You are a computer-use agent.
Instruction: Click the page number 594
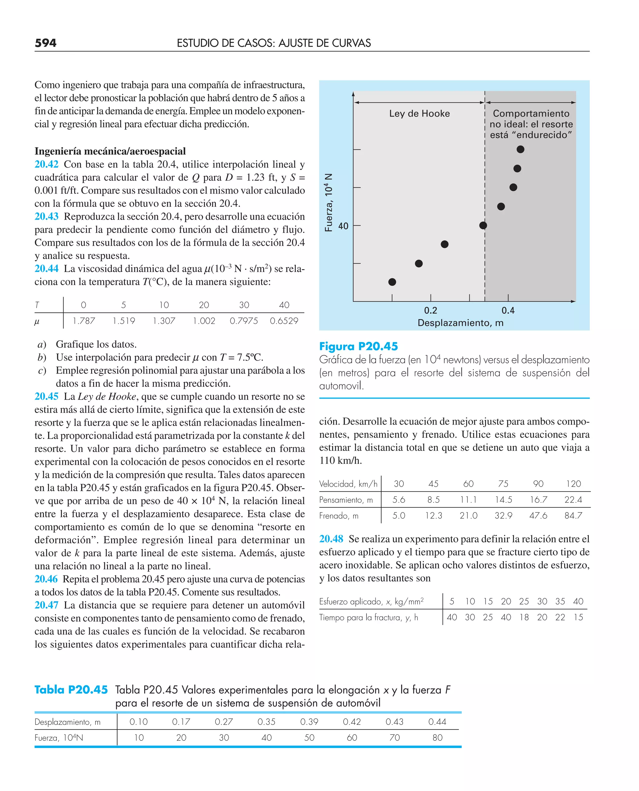click(x=45, y=43)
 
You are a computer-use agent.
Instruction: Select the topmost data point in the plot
click(x=520, y=149)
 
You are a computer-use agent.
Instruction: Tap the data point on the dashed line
click(x=483, y=226)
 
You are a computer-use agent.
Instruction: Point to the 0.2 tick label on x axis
click(x=430, y=311)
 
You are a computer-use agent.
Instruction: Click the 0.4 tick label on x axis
click(x=508, y=311)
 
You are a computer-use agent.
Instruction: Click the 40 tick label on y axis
click(x=343, y=226)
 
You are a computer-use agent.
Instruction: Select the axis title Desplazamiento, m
click(x=460, y=323)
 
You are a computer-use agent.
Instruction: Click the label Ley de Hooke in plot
click(x=419, y=114)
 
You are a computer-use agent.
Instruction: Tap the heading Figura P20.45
click(x=358, y=347)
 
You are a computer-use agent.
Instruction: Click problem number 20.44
click(x=46, y=269)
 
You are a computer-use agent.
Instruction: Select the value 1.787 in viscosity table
click(x=84, y=321)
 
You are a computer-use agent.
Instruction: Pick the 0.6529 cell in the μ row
click(x=284, y=321)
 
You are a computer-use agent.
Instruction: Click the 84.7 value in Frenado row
click(x=573, y=516)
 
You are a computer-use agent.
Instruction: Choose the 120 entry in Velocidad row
click(x=573, y=484)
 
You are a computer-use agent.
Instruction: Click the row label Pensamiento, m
click(x=346, y=500)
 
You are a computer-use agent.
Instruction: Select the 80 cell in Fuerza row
click(x=437, y=738)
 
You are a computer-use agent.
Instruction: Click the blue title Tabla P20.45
click(x=71, y=690)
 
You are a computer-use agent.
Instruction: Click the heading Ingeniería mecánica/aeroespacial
click(x=110, y=152)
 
